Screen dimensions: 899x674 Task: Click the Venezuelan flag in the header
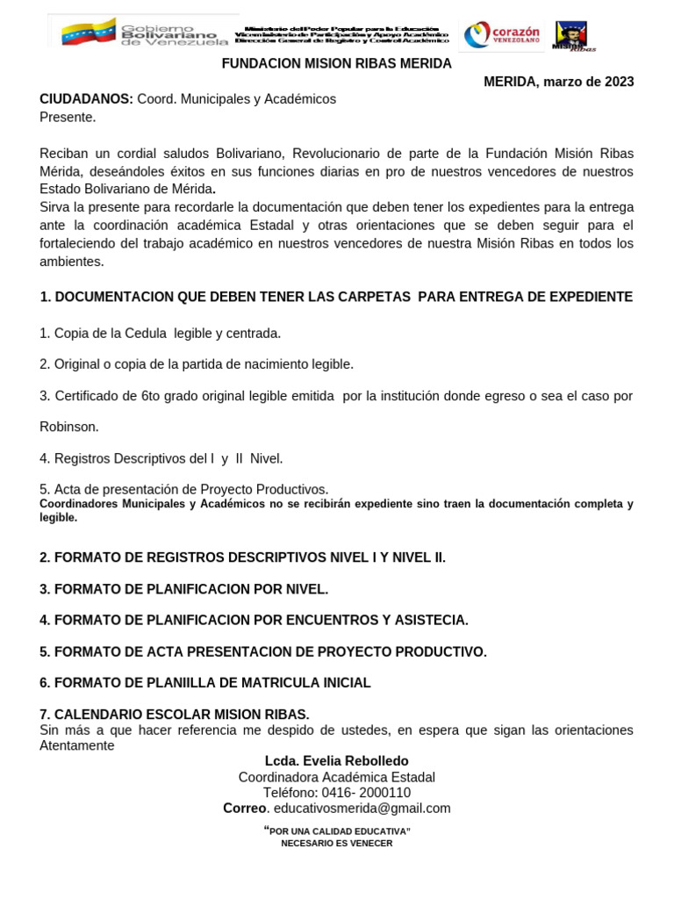tap(89, 32)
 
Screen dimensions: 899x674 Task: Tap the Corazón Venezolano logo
tap(501, 35)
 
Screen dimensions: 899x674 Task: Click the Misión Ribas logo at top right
tap(571, 36)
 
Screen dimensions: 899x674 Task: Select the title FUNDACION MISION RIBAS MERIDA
tap(336, 64)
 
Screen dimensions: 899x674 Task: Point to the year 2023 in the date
tap(617, 82)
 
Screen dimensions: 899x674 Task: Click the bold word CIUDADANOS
tap(86, 99)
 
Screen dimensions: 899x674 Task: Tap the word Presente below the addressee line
tap(68, 117)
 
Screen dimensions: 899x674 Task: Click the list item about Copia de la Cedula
tap(161, 334)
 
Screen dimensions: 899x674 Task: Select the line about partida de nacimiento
tap(197, 364)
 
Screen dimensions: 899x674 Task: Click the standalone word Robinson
tap(69, 427)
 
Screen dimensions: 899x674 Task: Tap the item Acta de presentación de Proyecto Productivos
tap(184, 489)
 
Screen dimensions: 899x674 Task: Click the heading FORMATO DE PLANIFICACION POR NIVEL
tap(184, 589)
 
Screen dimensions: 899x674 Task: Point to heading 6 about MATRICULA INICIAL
tap(205, 682)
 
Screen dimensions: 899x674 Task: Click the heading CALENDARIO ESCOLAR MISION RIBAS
tap(175, 714)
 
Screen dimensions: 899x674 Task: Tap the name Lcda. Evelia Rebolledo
tap(336, 761)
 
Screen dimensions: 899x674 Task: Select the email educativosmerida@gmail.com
tap(362, 809)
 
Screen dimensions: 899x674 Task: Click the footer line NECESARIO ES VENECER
tap(336, 844)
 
